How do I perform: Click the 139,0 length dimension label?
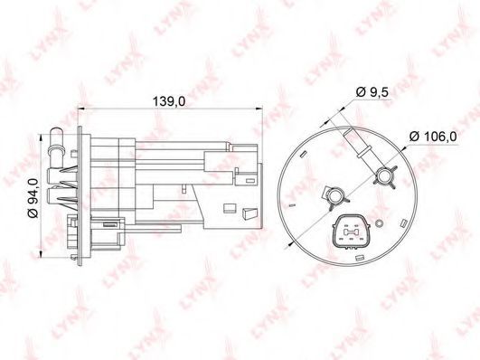point(169,101)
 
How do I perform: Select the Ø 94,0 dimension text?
point(33,198)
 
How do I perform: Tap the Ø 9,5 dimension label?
point(372,91)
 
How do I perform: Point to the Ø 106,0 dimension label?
point(433,136)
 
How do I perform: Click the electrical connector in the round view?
point(352,232)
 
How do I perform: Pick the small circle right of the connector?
point(380,224)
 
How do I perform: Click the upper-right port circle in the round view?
point(384,176)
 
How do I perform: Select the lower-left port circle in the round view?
point(335,196)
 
